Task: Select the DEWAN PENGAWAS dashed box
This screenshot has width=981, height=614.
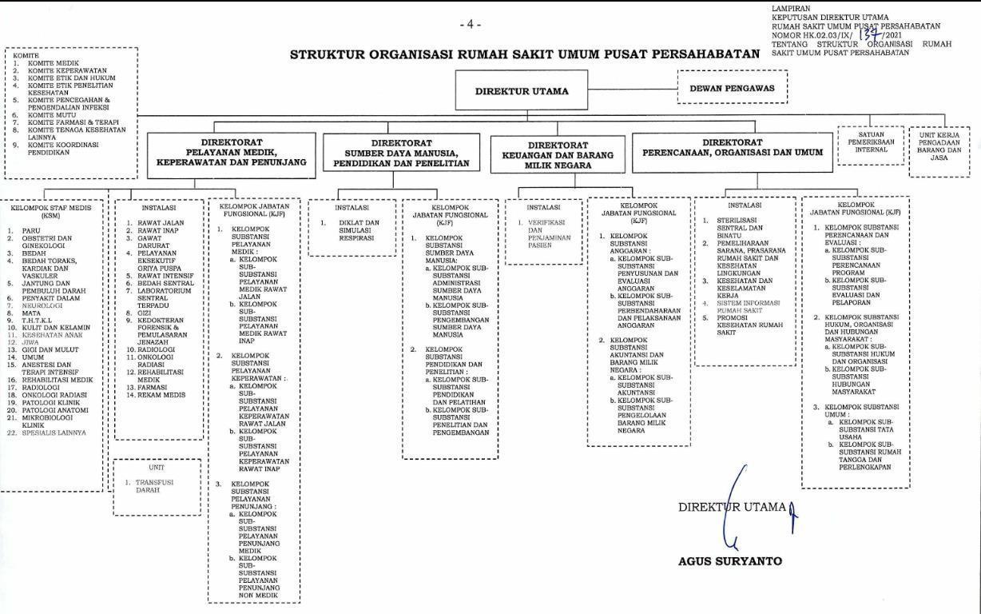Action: pyautogui.click(x=732, y=88)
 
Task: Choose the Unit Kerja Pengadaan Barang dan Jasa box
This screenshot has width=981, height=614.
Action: pyautogui.click(x=939, y=146)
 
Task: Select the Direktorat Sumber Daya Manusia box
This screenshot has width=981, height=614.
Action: pyautogui.click(x=401, y=153)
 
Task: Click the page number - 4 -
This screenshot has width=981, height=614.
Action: pyautogui.click(x=471, y=25)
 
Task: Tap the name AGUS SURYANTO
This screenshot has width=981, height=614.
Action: pyautogui.click(x=730, y=561)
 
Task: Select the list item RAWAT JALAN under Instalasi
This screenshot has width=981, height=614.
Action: pyautogui.click(x=161, y=223)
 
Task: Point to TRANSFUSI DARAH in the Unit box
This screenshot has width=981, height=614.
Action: pyautogui.click(x=154, y=486)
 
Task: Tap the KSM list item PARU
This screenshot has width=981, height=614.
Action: pyautogui.click(x=31, y=231)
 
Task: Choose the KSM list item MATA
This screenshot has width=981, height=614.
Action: pyautogui.click(x=31, y=313)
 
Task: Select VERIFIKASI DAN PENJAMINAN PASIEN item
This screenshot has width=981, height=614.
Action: pyautogui.click(x=546, y=233)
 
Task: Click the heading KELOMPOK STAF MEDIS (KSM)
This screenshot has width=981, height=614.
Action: pyautogui.click(x=50, y=211)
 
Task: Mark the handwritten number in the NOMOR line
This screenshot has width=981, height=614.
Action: pyautogui.click(x=870, y=35)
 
